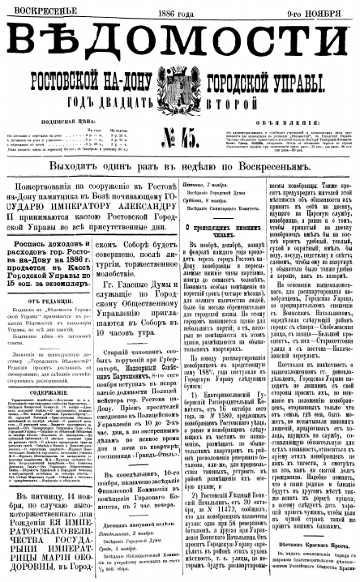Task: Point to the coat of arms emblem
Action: click(180, 88)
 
